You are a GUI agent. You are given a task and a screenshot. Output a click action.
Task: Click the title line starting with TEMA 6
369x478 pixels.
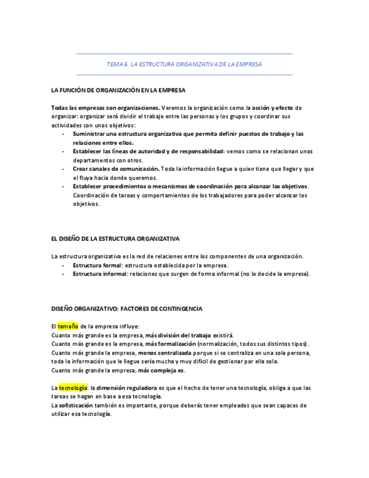184,64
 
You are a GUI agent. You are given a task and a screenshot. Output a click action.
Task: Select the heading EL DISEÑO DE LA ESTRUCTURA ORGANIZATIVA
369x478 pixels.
115,239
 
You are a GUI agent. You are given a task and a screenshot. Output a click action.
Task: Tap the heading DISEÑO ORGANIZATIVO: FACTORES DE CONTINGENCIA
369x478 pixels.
127,309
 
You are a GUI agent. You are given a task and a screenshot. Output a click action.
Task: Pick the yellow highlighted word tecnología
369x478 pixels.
73,388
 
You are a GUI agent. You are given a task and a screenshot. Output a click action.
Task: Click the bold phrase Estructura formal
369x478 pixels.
97,265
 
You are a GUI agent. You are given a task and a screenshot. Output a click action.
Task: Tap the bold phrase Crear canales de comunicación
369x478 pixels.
115,169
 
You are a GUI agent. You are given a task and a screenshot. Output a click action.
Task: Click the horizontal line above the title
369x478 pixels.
184,54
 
